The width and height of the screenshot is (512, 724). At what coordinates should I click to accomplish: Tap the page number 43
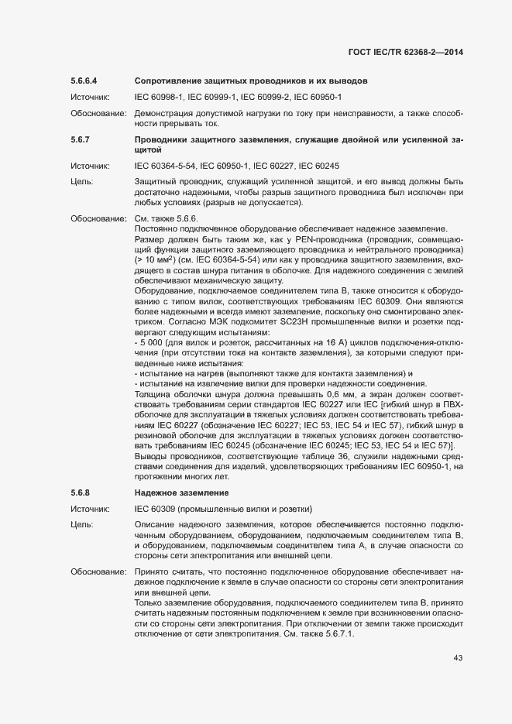(x=458, y=657)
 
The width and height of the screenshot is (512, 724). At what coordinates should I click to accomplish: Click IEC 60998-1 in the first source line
(x=159, y=97)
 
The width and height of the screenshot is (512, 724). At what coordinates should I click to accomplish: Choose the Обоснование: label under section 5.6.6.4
(x=98, y=114)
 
